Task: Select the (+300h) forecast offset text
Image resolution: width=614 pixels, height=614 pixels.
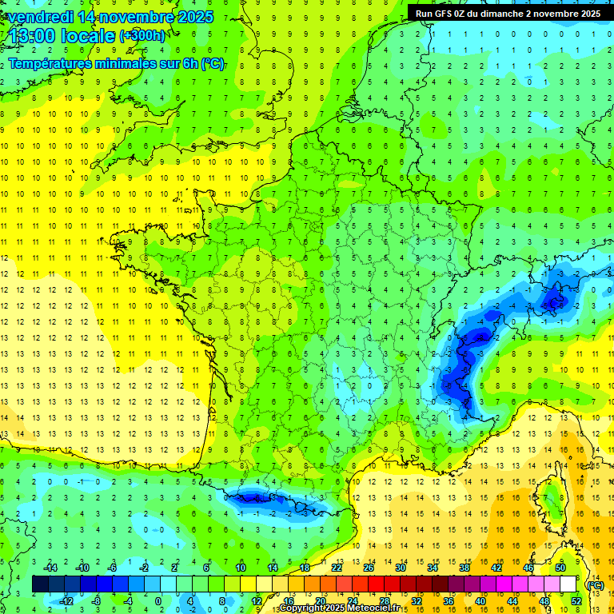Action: point(142,36)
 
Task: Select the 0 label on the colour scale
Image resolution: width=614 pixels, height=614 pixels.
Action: point(157,600)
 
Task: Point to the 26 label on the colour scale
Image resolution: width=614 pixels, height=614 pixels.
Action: point(369,568)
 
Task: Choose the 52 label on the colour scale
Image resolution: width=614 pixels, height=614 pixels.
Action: point(576,600)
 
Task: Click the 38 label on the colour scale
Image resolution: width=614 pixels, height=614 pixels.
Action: point(464,568)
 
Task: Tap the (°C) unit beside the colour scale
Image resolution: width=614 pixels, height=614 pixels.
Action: point(595,585)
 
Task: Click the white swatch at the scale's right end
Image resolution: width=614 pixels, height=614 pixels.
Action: point(568,584)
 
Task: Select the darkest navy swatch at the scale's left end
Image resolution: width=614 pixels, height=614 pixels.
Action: point(40,584)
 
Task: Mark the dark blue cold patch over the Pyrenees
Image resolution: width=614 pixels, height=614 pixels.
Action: point(256,498)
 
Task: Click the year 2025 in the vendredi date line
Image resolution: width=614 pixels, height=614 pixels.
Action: point(195,17)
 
